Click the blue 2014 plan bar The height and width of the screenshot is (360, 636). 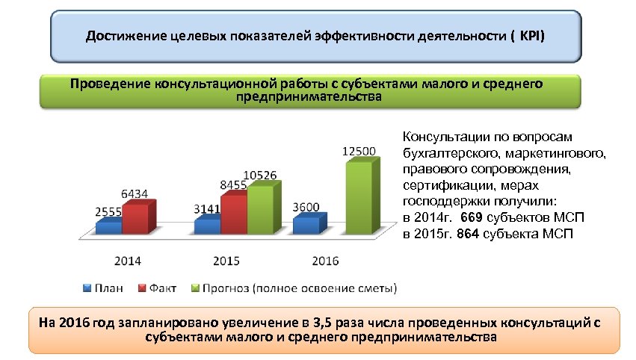pyautogui.click(x=108, y=226)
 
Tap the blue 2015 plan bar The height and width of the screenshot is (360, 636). pyautogui.click(x=207, y=225)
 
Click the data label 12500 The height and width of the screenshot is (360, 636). pyautogui.click(x=358, y=151)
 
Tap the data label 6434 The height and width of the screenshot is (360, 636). pyautogui.click(x=134, y=193)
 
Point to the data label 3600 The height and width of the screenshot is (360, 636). pyautogui.click(x=306, y=207)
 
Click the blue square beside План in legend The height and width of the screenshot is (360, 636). pyautogui.click(x=87, y=287)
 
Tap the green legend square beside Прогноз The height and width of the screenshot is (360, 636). pyautogui.click(x=197, y=287)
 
